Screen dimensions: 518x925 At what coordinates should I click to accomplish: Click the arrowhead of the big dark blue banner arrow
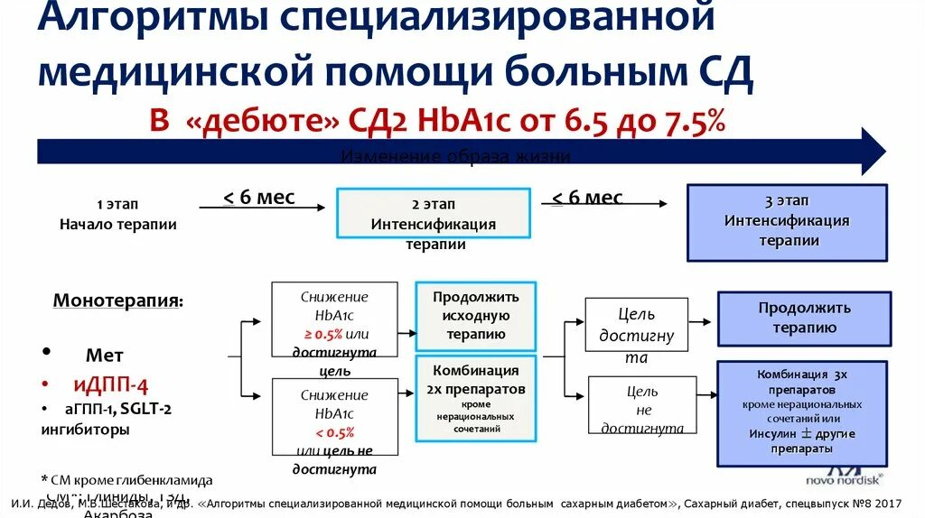872,151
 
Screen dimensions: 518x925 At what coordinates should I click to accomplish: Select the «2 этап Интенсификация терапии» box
433,214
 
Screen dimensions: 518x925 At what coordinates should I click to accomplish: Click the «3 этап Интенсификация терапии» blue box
787,222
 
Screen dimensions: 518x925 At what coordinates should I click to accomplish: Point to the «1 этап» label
117,205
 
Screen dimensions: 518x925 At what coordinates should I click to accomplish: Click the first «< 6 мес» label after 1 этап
259,197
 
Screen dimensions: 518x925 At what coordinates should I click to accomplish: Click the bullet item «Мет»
104,356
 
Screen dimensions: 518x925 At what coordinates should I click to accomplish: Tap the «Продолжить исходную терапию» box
476,316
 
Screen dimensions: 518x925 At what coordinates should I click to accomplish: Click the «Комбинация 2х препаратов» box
475,398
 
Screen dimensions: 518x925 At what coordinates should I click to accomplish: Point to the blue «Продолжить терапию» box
804,318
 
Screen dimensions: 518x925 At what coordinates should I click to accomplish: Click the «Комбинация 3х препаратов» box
803,410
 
